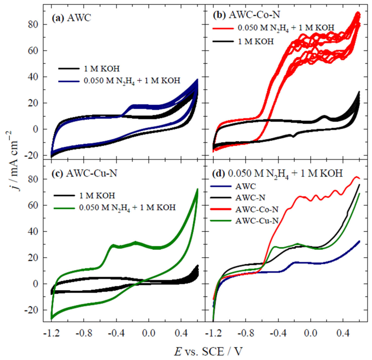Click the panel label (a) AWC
click(x=72, y=18)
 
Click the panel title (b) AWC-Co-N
click(x=246, y=15)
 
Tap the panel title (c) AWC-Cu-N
click(x=84, y=173)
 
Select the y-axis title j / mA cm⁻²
click(x=14, y=161)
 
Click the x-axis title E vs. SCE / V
click(x=208, y=351)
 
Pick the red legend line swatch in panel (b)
click(x=223, y=28)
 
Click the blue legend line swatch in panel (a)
click(x=69, y=81)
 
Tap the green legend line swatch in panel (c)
click(x=64, y=208)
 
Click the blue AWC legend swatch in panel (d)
click(x=221, y=186)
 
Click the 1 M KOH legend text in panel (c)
click(x=97, y=196)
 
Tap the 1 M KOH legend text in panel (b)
click(x=256, y=42)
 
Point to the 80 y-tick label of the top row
click(x=33, y=24)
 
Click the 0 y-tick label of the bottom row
click(x=36, y=284)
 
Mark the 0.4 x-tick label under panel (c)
click(x=181, y=333)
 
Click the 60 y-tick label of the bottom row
click(x=33, y=205)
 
